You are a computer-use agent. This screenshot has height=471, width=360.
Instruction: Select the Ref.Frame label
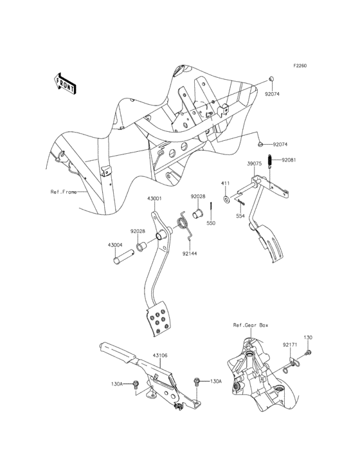tap(63, 192)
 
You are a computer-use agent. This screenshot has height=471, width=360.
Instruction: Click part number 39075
tap(255, 163)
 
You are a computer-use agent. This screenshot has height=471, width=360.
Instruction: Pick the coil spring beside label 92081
tap(272, 171)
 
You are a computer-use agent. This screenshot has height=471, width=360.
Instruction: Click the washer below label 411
tap(226, 199)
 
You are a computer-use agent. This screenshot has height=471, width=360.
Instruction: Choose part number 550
tap(210, 223)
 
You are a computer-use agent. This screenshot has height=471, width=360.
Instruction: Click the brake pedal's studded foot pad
tap(159, 320)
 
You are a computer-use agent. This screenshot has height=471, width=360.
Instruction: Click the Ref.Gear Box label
tap(251, 326)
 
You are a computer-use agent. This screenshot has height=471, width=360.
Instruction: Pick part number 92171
tap(289, 344)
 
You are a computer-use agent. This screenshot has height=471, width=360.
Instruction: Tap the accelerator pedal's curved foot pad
tap(271, 247)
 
